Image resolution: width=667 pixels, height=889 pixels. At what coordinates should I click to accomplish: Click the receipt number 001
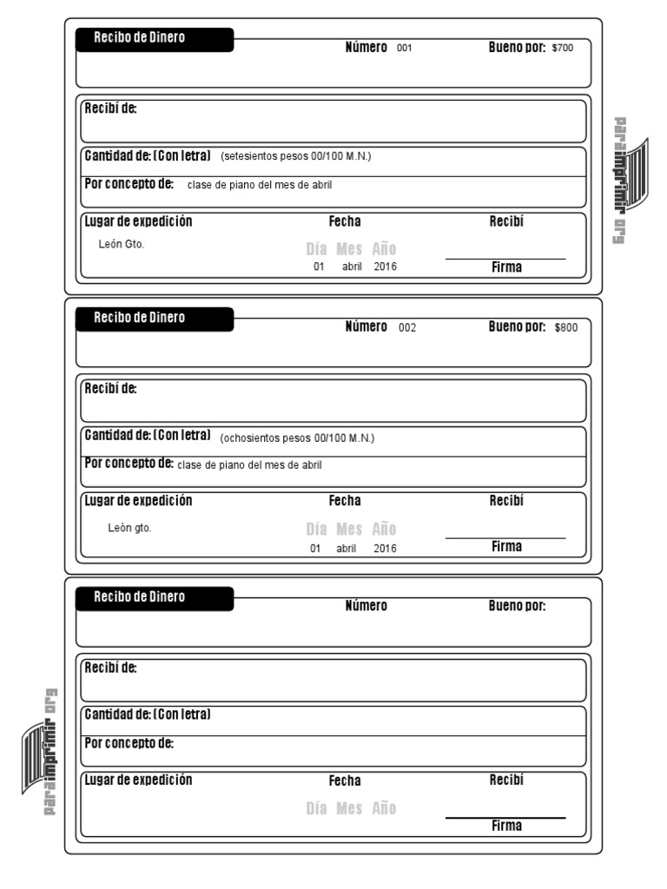pos(404,49)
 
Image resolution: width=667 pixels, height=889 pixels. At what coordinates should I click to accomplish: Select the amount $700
pos(563,49)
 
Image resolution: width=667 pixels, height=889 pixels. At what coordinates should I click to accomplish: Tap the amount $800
pos(565,328)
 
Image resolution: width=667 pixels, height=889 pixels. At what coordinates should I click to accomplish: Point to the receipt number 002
pos(407,328)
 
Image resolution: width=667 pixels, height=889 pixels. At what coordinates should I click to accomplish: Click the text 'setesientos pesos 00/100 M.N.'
pos(296,157)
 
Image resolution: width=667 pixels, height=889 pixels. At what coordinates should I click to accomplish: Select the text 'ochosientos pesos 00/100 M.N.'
pos(297,438)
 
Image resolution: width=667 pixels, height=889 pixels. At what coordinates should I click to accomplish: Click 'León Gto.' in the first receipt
pos(122,244)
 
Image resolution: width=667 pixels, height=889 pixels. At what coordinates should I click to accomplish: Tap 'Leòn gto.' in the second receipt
pos(129,527)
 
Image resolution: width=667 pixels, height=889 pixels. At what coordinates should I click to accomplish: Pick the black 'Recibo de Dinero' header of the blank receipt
pos(155,597)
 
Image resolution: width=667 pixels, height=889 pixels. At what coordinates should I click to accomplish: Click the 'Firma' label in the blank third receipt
pos(506,826)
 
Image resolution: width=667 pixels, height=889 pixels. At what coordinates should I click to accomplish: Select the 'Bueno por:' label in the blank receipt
pos(517,606)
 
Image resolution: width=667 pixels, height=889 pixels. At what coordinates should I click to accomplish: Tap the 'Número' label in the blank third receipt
pos(366,606)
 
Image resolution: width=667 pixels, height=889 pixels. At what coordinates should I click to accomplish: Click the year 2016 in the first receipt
pos(385,267)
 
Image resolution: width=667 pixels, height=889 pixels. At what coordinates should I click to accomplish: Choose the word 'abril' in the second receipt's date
pos(348,549)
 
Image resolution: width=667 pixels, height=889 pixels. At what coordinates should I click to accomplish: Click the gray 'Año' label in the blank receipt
pos(384,808)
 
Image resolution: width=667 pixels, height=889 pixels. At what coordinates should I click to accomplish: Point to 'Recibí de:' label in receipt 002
pos(110,388)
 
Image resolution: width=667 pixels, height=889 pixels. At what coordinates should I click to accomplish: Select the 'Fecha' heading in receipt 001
pos(345,222)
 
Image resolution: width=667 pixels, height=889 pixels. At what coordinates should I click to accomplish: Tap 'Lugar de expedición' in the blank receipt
pos(138,780)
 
